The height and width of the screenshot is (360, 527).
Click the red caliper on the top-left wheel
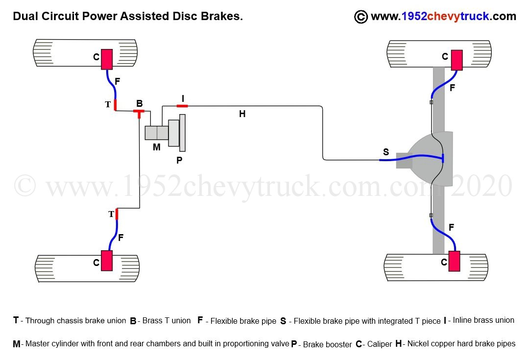pos(107,59)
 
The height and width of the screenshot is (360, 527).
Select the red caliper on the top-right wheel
pos(456,60)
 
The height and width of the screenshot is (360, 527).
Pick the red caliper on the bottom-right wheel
pos(454,261)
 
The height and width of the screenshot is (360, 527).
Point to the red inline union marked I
pos(182,105)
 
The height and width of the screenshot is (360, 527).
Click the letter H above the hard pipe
pos(242,114)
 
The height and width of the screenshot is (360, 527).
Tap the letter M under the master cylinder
pos(156,146)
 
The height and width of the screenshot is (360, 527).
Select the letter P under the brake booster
pos(179,160)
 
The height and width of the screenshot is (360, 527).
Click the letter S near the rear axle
pos(386,152)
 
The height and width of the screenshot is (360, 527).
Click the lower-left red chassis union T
pos(117,214)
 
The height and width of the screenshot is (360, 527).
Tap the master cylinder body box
pos(157,133)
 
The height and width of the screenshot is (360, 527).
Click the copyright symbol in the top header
pos(360,17)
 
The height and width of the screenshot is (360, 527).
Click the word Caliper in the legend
pos(380,344)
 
